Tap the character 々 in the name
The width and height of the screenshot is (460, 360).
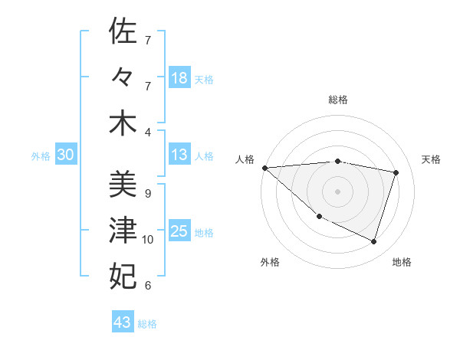point(123,77)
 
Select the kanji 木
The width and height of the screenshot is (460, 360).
point(123,124)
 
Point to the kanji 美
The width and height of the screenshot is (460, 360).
point(123,183)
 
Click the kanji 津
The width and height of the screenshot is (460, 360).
point(123,230)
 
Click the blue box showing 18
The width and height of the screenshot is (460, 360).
point(179,77)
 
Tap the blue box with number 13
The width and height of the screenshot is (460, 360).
point(179,155)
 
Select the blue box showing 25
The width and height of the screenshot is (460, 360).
point(179,231)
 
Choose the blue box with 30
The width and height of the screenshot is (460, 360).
point(65,155)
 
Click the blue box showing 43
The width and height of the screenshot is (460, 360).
point(122,322)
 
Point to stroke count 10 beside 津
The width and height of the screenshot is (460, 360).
point(148,240)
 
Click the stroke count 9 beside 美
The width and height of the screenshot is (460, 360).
point(147,193)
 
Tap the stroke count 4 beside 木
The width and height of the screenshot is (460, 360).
point(147,133)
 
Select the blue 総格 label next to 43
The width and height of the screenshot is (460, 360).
point(147,324)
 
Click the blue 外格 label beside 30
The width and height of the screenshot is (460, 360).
point(41,156)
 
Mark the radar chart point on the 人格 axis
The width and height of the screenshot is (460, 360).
point(264,167)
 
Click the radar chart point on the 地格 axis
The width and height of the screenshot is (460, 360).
point(373,242)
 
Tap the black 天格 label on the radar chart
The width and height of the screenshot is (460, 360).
point(432,159)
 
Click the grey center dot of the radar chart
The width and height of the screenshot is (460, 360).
point(337,191)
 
